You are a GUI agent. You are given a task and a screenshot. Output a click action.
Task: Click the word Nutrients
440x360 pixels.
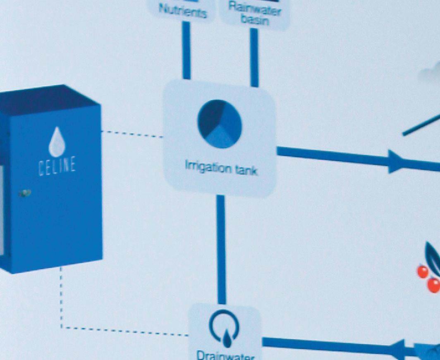183,12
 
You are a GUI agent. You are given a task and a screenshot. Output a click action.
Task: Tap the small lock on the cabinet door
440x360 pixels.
26,192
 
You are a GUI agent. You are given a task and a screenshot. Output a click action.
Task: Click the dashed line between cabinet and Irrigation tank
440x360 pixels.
132,134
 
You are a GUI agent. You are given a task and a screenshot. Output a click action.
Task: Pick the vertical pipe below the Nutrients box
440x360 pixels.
186,50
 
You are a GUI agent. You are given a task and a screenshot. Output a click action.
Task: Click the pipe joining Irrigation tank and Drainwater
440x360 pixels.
221,248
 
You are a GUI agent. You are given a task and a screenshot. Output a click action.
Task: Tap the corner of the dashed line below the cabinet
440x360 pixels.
62,327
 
